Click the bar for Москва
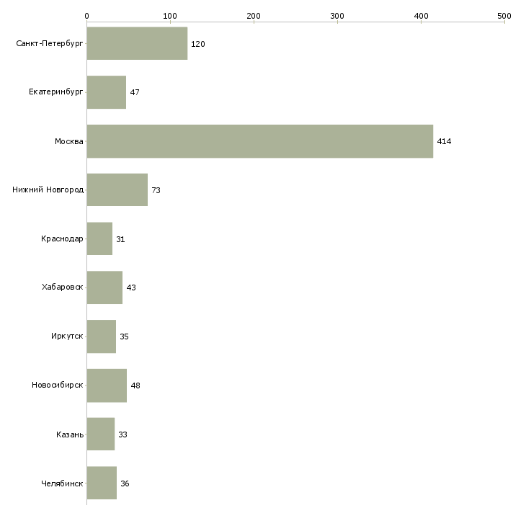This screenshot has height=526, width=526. click(259, 141)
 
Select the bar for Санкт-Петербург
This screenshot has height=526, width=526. click(137, 43)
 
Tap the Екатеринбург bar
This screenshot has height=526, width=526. click(106, 92)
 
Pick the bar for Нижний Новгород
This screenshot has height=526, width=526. click(117, 190)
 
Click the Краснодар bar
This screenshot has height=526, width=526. click(99, 239)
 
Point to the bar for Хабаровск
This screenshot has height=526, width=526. click(104, 287)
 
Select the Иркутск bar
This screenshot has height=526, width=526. click(101, 336)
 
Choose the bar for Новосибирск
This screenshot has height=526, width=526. click(107, 385)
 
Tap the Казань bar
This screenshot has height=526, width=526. click(100, 434)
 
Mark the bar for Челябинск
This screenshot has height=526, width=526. click(102, 483)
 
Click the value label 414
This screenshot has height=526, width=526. click(444, 142)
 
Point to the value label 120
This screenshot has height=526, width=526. click(198, 44)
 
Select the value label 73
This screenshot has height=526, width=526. click(156, 191)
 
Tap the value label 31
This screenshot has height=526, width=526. click(120, 239)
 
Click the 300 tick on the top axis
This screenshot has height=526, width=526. click(337, 15)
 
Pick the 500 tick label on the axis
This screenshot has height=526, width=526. click(504, 15)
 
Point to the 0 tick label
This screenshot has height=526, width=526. click(86, 15)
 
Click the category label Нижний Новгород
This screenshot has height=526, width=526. click(48, 190)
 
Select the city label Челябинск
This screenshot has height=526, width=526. click(62, 483)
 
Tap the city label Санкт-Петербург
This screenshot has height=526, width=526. click(49, 44)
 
